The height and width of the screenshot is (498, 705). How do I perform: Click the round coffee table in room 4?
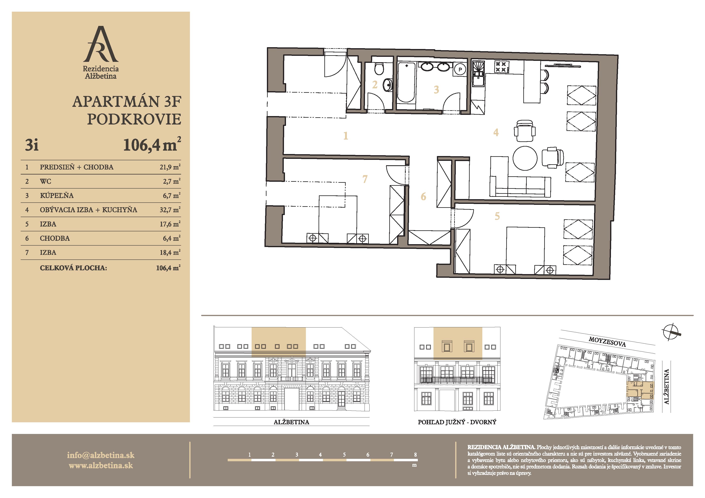click(525, 158)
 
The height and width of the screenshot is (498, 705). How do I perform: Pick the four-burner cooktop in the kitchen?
click(502, 67)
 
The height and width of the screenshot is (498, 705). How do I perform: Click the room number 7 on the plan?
click(365, 179)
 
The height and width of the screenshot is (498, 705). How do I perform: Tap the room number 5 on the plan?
click(497, 216)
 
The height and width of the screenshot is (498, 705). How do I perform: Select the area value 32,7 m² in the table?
click(170, 210)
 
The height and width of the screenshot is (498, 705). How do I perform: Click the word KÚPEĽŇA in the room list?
click(57, 195)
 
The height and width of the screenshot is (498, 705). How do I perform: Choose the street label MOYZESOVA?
click(607, 342)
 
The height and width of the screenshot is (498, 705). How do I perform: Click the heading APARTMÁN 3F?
click(127, 102)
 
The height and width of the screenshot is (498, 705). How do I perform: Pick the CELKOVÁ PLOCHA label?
click(73, 268)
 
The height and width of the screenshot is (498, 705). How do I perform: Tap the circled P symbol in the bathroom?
click(460, 69)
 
